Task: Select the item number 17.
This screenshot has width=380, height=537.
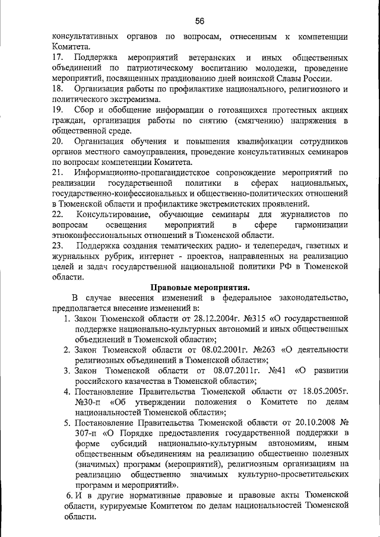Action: click(58, 58)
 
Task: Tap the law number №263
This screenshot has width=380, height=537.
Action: click(253, 350)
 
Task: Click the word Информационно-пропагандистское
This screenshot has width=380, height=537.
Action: click(137, 173)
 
